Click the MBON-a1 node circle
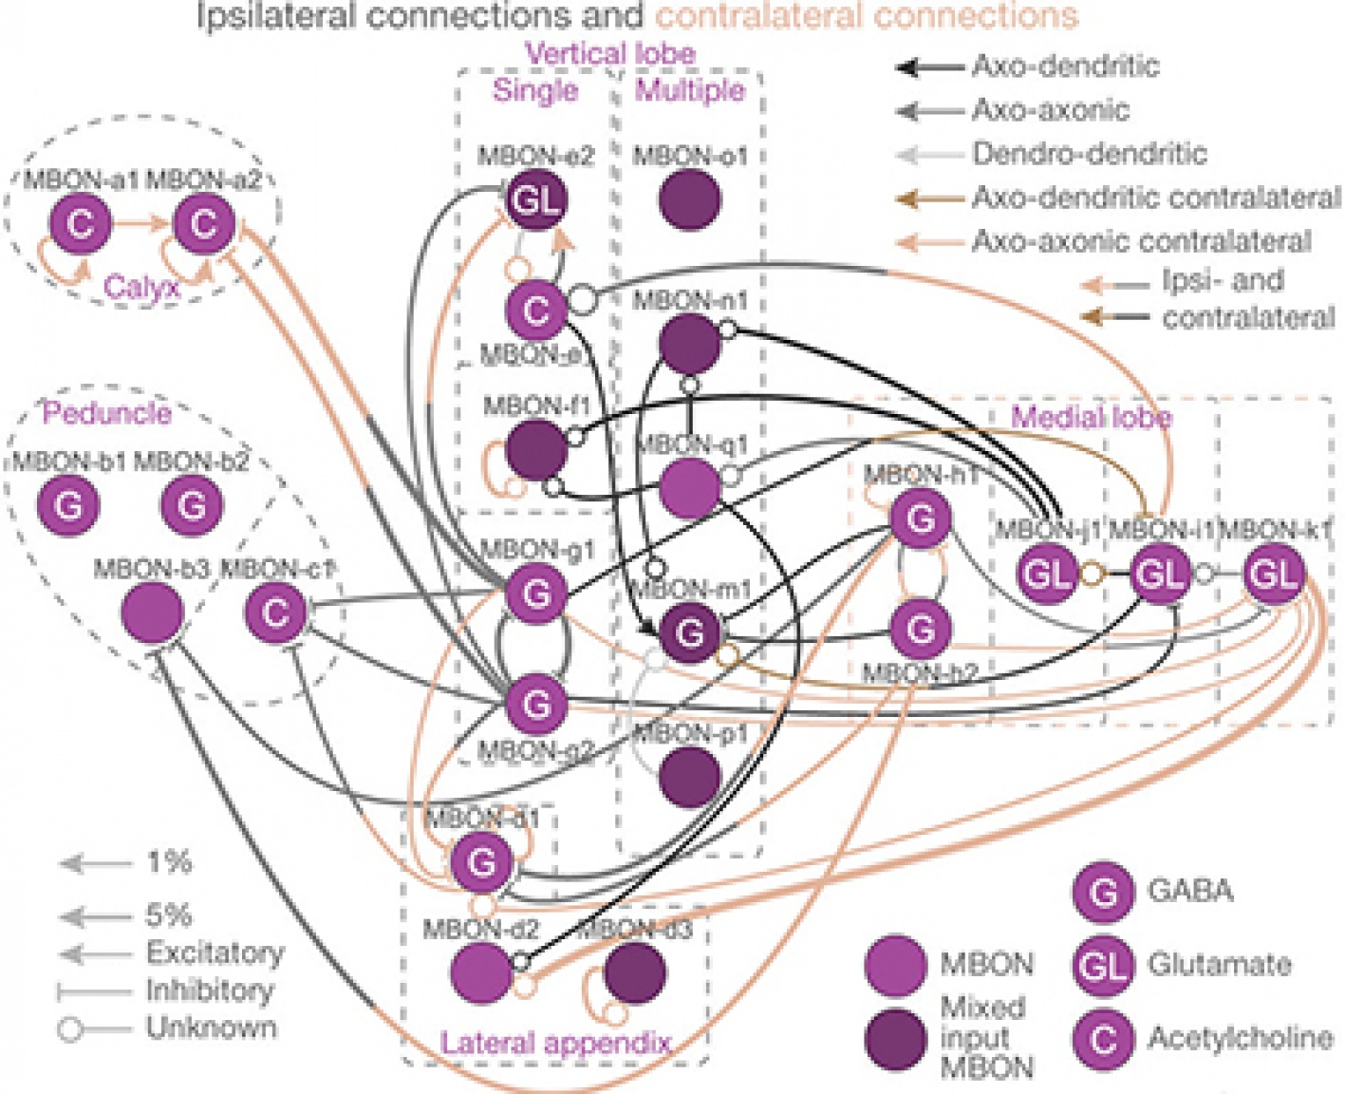[x=81, y=224]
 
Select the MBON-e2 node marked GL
[x=534, y=199]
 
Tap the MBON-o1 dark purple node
[x=689, y=199]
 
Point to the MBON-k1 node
[x=1272, y=574]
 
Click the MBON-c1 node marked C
[x=275, y=613]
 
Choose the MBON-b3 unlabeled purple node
[x=153, y=613]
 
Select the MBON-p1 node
[x=689, y=776]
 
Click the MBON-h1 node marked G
[x=920, y=519]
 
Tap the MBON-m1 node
[x=689, y=632]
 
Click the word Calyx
[x=141, y=287]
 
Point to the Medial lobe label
[x=1091, y=417]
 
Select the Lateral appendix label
[x=555, y=1043]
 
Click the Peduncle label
[x=106, y=413]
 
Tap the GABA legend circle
[x=1103, y=892]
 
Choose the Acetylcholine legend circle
[x=1103, y=1039]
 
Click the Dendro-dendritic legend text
[x=1089, y=153]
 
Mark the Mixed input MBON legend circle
[x=895, y=1039]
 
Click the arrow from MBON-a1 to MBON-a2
[x=142, y=224]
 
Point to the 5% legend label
[x=168, y=915]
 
